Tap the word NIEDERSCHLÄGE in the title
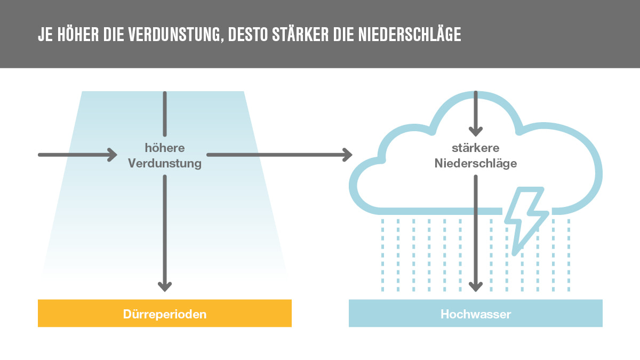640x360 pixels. click(x=410, y=35)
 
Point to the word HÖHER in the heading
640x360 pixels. click(x=78, y=35)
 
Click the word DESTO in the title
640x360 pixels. click(x=247, y=35)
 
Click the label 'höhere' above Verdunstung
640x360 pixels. click(x=165, y=148)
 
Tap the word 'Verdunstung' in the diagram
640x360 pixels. click(x=165, y=163)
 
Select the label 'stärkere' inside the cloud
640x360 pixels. click(x=476, y=148)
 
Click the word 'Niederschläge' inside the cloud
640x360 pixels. click(x=476, y=163)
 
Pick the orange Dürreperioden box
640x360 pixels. click(x=165, y=313)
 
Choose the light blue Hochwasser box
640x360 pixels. click(x=476, y=313)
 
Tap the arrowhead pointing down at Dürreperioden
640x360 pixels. click(x=165, y=286)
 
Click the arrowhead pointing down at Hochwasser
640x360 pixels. click(x=476, y=286)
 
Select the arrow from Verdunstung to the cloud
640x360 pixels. click(x=279, y=155)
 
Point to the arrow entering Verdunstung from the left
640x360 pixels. click(x=77, y=155)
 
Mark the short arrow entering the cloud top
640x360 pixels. click(x=476, y=114)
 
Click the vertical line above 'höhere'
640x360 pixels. click(x=165, y=114)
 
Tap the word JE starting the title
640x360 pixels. click(x=45, y=35)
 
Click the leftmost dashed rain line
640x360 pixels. click(x=382, y=255)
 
